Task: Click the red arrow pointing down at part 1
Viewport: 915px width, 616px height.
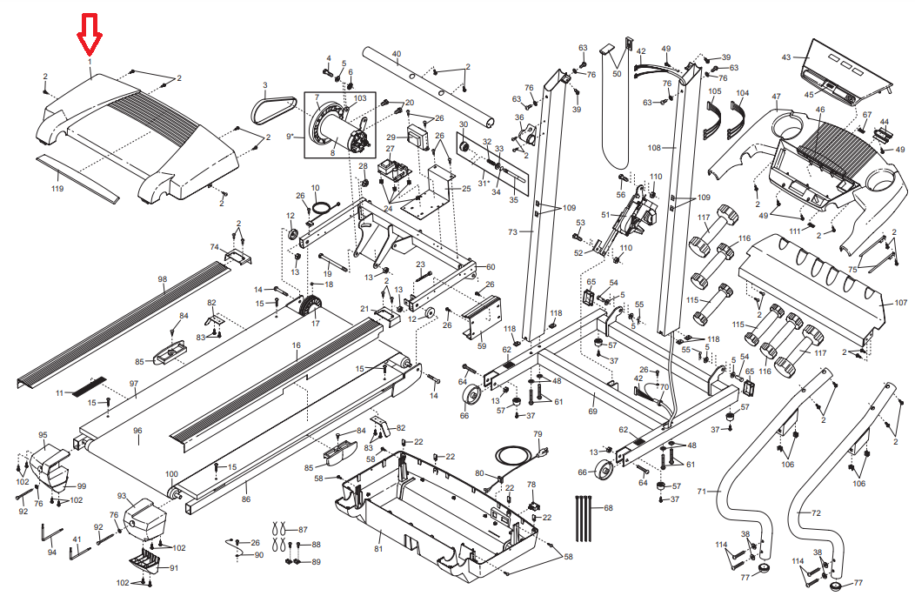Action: pos(90,33)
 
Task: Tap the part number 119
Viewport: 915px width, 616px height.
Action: pos(57,189)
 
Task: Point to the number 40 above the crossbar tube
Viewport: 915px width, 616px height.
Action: pos(396,54)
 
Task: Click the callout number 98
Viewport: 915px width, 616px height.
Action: pos(162,279)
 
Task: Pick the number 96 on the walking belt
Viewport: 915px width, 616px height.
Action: pos(137,430)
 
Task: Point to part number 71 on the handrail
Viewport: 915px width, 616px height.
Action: pos(702,492)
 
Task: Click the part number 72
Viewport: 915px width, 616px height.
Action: pos(816,513)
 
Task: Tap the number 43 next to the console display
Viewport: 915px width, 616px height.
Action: pos(786,57)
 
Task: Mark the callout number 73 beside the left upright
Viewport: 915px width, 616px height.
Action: pos(512,231)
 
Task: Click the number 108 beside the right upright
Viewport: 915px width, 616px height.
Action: pos(655,148)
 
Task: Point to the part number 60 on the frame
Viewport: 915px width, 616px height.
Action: pos(490,266)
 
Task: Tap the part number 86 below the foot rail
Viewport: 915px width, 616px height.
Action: pos(246,499)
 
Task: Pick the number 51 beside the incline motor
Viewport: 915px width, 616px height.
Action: pos(605,214)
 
